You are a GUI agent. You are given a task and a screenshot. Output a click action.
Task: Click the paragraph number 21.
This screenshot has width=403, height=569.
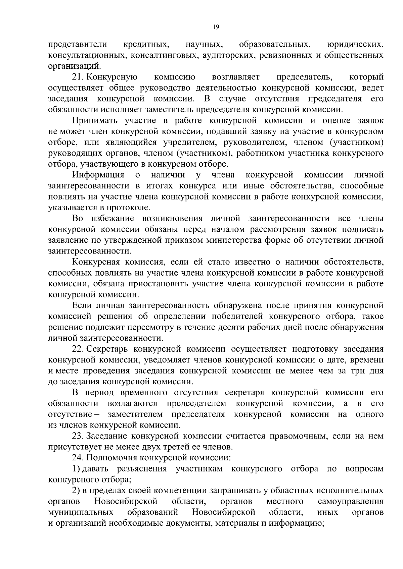[x=78, y=77]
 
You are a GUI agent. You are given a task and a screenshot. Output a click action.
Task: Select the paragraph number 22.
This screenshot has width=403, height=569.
[x=78, y=349]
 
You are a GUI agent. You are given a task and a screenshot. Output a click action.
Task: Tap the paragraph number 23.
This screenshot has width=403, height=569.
[x=78, y=436]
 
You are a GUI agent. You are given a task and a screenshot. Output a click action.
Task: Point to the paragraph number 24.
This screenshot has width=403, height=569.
[x=78, y=458]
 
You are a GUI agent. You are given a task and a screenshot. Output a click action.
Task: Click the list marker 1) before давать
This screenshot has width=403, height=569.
[x=76, y=469]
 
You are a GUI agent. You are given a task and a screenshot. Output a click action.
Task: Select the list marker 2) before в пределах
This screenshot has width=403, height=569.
[x=76, y=491]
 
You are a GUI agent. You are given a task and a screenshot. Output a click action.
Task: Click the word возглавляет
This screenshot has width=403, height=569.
[x=236, y=77]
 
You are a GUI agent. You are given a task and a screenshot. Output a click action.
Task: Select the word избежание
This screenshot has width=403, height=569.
[x=113, y=219]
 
